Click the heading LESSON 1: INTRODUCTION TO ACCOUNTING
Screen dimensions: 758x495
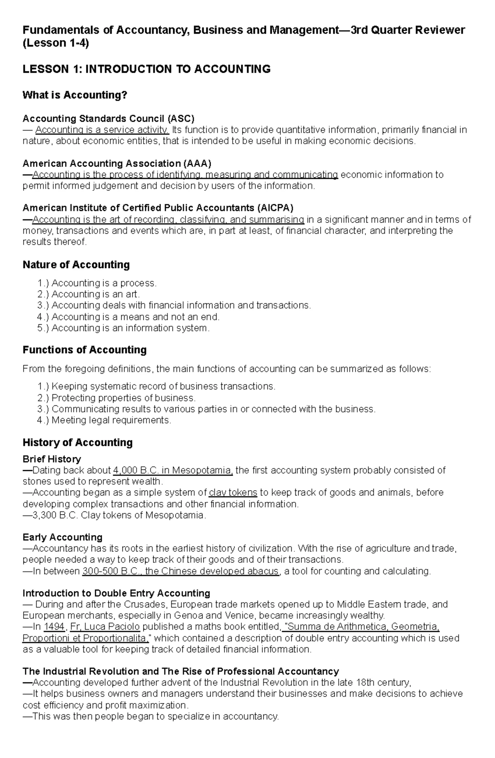click(146, 69)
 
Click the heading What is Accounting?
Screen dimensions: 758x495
click(75, 95)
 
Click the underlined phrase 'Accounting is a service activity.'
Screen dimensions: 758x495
click(102, 130)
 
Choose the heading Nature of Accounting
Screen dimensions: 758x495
click(76, 265)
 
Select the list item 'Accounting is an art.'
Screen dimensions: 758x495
click(96, 295)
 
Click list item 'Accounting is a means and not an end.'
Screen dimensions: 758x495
click(135, 317)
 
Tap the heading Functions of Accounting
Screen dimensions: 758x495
click(85, 350)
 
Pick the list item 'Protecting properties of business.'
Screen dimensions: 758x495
click(123, 398)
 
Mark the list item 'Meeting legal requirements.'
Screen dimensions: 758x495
click(111, 420)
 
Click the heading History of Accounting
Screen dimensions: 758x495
click(78, 442)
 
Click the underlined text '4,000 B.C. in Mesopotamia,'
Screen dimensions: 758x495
click(173, 470)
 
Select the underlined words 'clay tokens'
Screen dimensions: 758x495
click(233, 492)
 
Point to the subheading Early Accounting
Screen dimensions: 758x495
click(62, 537)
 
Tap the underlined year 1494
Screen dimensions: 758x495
click(54, 627)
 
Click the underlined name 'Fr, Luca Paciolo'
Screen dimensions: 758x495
click(105, 627)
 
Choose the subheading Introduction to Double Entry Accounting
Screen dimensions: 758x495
click(116, 593)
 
